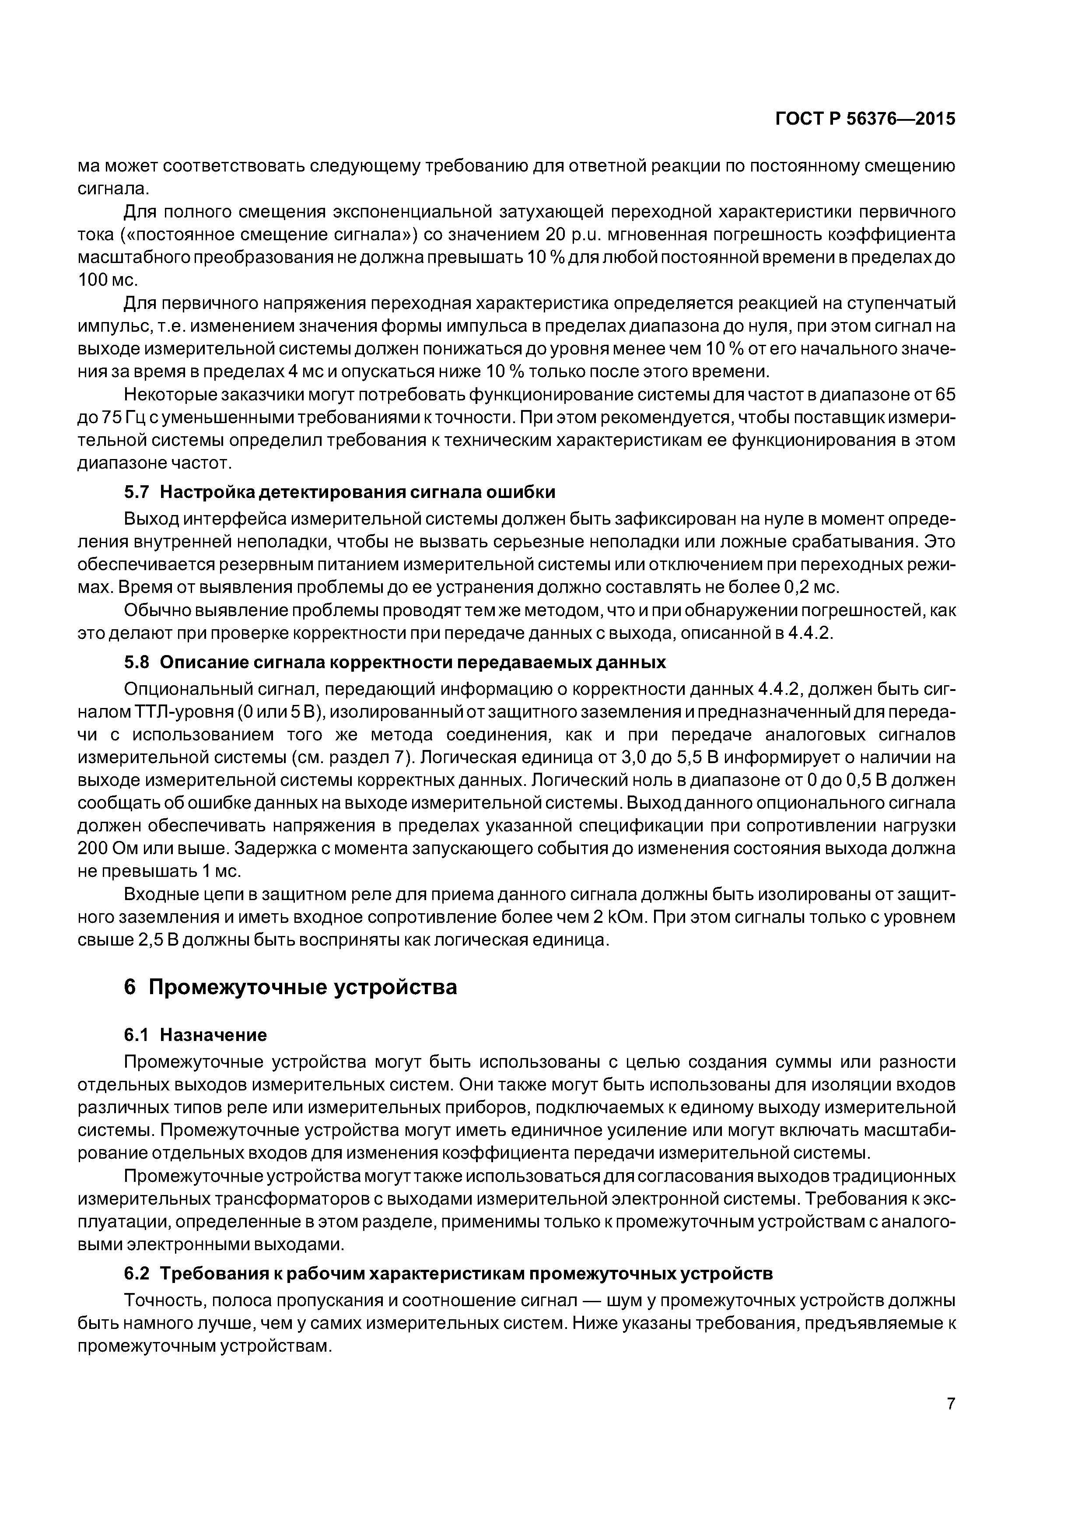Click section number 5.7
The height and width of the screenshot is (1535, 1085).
tap(137, 492)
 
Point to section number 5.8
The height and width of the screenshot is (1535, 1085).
tap(137, 662)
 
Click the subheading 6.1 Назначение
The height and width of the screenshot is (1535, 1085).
tap(195, 1035)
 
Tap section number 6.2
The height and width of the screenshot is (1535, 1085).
tap(137, 1274)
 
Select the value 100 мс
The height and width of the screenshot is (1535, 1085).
tap(107, 280)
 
